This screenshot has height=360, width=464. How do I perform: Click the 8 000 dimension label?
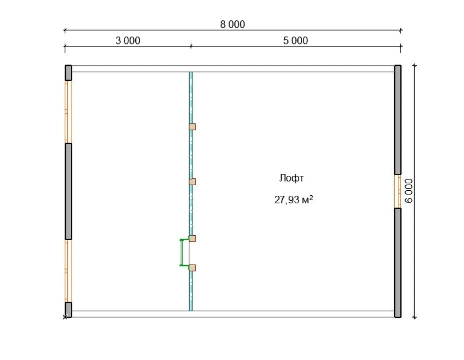232,24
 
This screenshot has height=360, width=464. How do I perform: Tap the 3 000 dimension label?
128,40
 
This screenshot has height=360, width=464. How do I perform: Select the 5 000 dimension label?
295,40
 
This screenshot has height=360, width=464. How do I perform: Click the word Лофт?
291,178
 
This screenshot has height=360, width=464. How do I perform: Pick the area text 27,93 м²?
293,200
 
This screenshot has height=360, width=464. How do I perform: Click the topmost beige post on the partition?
193,127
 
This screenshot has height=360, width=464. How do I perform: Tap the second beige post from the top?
193,182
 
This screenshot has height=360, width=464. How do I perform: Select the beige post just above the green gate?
193,238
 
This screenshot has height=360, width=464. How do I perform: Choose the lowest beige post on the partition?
193,268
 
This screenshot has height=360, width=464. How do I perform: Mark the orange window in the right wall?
398,191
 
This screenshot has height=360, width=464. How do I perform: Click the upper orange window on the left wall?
68,112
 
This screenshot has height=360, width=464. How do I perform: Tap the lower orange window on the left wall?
68,271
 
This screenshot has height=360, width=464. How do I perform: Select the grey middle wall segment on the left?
68,191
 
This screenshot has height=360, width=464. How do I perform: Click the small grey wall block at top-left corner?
68,73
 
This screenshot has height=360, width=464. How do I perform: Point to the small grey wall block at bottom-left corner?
68,310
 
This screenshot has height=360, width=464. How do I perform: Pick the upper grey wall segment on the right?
398,120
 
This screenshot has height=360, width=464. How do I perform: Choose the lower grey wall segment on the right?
398,263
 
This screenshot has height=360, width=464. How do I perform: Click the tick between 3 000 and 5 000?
191,46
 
